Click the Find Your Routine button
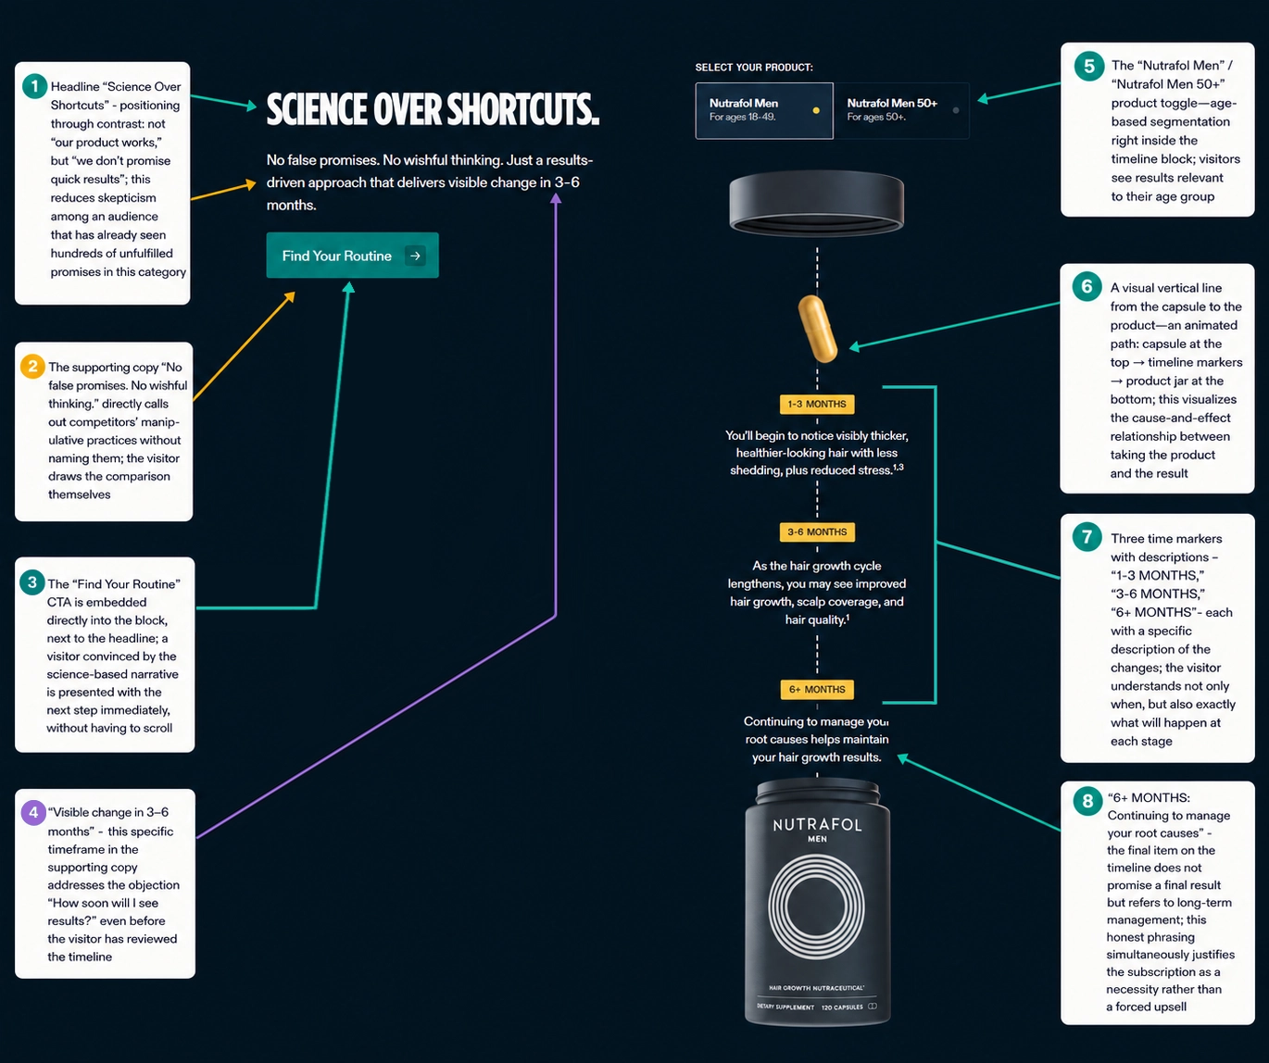353,256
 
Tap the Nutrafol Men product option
764,110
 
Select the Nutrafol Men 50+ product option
901,110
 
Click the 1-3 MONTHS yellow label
817,404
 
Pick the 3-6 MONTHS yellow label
817,532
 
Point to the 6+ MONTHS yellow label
817,690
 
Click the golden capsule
817,329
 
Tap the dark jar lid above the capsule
816,203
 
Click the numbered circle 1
34,86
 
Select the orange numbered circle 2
32,367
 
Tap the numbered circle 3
32,582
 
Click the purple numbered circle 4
33,812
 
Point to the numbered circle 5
1089,67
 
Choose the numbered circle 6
1087,286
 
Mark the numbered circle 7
1087,536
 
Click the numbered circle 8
1087,801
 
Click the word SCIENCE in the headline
317,110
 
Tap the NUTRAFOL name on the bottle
817,824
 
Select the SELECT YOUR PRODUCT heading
754,68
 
